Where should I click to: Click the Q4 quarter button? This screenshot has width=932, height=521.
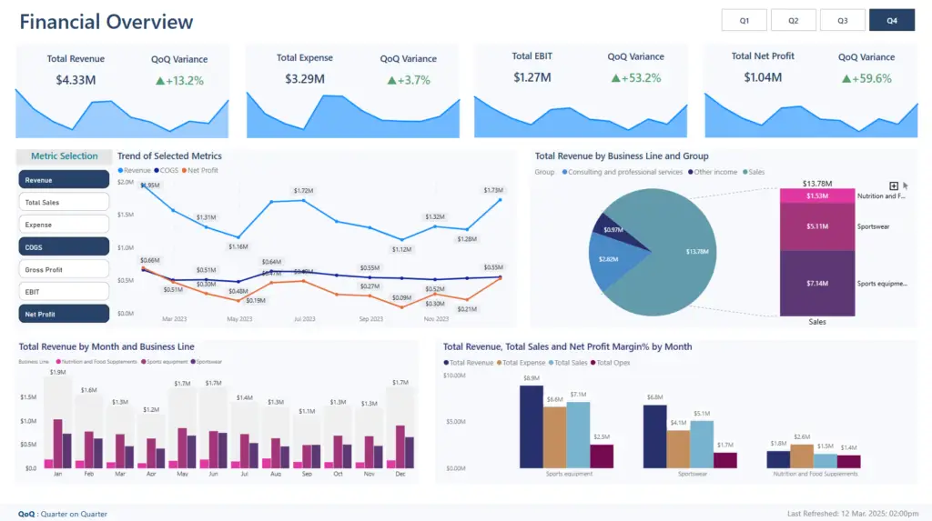(891, 20)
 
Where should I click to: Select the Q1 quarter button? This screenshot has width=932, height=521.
(744, 20)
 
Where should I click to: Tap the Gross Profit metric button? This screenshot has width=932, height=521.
(64, 269)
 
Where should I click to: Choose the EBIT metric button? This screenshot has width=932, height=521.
(64, 291)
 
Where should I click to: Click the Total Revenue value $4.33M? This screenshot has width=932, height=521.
(76, 80)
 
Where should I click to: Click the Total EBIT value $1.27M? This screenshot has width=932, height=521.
(532, 77)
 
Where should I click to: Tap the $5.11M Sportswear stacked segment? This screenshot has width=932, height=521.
(817, 226)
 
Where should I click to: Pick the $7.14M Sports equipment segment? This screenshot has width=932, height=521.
(817, 284)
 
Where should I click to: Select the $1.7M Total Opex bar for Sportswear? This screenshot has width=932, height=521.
(724, 459)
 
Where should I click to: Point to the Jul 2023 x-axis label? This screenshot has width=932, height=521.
(304, 319)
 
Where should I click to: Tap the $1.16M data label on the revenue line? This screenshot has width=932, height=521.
(238, 246)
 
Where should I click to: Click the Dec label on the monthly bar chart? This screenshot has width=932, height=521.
(400, 474)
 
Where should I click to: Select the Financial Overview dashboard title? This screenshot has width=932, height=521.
(106, 22)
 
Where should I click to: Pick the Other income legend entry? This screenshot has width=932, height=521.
(714, 172)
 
